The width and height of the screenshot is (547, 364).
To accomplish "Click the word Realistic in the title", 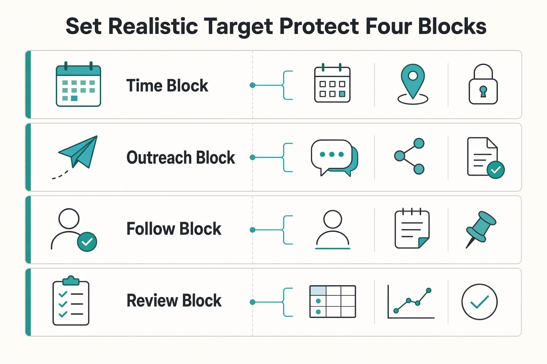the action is (x=153, y=26).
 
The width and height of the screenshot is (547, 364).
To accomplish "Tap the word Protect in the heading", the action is (x=319, y=26).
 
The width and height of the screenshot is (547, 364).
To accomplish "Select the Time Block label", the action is (x=167, y=86).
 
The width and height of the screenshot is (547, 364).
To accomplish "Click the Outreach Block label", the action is (x=181, y=157).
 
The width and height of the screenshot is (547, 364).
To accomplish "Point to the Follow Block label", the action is (x=174, y=229).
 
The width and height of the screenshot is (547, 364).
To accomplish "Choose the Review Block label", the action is (x=174, y=300).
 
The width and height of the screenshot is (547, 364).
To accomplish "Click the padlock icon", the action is (x=483, y=84).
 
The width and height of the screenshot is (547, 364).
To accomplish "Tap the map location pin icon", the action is (x=413, y=84).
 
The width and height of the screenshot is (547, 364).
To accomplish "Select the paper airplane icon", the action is (x=75, y=157).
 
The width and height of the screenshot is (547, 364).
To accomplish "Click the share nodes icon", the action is (x=409, y=156).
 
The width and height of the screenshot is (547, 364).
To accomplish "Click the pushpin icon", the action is (x=480, y=229).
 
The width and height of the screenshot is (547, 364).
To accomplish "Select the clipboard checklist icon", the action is (x=71, y=301).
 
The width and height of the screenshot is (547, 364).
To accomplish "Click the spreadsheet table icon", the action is (x=333, y=301).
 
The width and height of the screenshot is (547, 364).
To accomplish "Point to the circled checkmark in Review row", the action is (x=479, y=301).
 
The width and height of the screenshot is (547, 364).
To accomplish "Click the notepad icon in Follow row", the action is (x=412, y=228).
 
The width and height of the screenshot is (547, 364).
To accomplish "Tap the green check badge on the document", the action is (x=495, y=170).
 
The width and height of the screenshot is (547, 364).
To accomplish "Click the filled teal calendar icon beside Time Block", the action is (x=78, y=84).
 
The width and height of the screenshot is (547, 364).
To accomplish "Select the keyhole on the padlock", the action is (x=483, y=91).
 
